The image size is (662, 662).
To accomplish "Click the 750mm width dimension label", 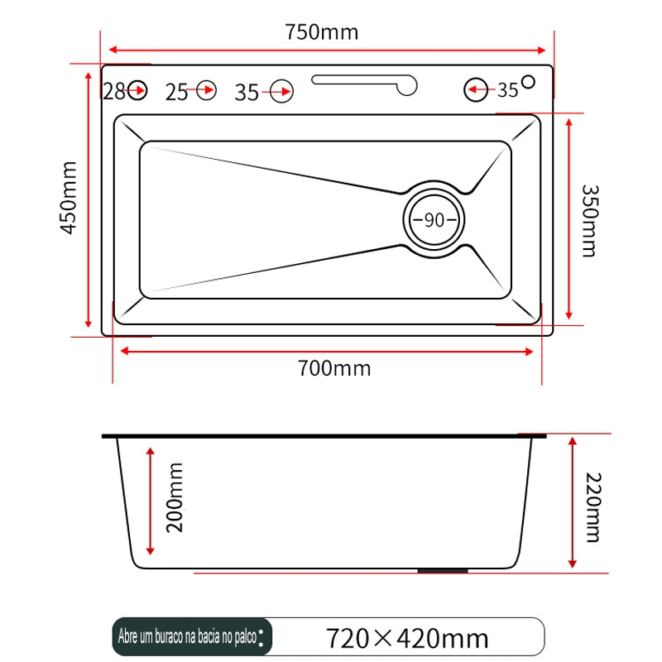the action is [322, 32].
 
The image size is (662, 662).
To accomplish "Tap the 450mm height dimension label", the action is [69, 198].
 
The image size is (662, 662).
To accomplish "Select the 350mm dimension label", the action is [590, 221].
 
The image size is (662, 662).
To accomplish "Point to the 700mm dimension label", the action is [334, 368].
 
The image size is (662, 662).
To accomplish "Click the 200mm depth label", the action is [175, 498].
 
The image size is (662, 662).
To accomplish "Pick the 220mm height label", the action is [593, 507].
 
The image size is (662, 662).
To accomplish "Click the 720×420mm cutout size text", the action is [407, 638].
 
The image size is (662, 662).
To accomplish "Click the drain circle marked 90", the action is [434, 219].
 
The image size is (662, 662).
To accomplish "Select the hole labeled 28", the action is [137, 90].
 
